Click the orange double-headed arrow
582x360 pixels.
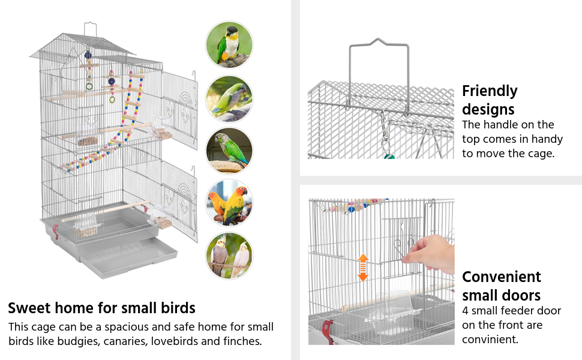(363, 267)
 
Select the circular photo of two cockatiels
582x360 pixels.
(229, 255)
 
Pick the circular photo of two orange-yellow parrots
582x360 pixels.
(229, 203)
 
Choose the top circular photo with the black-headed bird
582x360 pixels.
(229, 45)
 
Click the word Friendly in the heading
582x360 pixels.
(490, 91)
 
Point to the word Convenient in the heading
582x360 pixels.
(502, 277)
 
